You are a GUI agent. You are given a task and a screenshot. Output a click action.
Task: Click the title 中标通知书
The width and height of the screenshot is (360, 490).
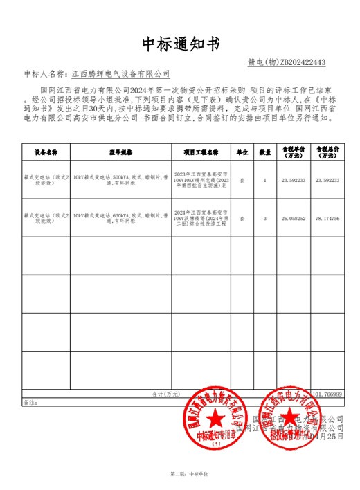[180, 44]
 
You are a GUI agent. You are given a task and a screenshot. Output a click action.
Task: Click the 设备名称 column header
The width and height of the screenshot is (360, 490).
[46, 151]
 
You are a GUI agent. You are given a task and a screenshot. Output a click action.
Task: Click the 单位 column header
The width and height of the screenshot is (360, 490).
[242, 151]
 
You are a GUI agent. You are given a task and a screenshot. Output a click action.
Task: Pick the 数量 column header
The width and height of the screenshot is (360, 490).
[264, 151]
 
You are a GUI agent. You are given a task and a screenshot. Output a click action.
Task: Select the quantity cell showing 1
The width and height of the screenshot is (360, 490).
[264, 181]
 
